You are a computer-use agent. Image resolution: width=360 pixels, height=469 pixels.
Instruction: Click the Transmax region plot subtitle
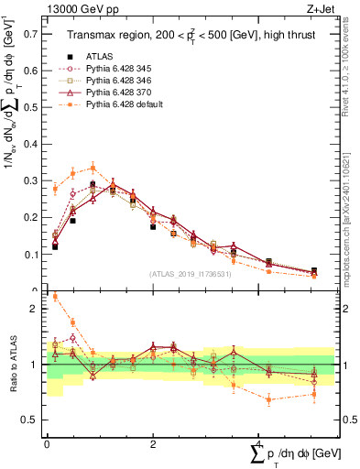coord(191,35)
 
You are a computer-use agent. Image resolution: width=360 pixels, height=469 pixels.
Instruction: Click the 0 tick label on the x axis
coord(47,442)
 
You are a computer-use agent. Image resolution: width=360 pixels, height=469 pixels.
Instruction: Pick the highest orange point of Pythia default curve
coord(93,168)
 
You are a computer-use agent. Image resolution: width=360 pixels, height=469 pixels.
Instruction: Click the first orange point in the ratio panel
coord(55,296)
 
